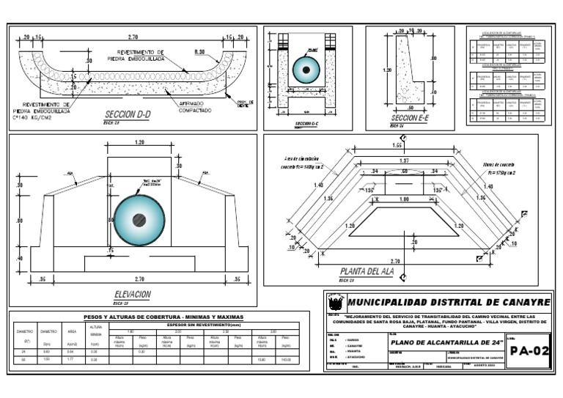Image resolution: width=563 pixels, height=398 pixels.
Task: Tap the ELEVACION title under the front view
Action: tap(133, 294)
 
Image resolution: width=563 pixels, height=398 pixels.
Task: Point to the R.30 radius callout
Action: tap(199, 52)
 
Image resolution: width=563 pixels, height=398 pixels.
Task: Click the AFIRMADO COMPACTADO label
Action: tap(195, 107)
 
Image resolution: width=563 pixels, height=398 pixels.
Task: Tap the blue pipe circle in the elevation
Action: tap(139, 220)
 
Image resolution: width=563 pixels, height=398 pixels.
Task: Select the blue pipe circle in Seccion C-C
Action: tap(306, 70)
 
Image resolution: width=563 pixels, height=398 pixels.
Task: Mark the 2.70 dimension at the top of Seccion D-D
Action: tap(133, 36)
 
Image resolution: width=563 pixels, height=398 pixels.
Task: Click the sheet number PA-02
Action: tap(529, 351)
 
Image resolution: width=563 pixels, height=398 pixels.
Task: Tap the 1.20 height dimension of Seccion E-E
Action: tap(387, 71)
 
